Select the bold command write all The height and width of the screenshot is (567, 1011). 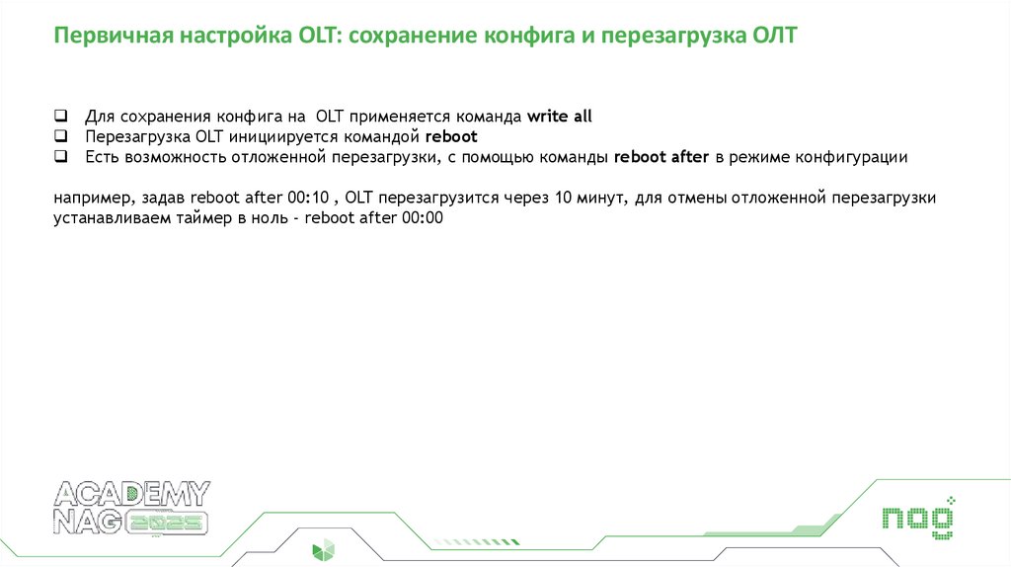[x=559, y=117]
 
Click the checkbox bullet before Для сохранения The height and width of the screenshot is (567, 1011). [x=61, y=116]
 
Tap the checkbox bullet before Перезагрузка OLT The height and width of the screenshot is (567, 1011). [x=61, y=136]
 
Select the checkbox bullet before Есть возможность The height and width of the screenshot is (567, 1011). [x=61, y=156]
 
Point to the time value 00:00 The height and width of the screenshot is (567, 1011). [x=423, y=218]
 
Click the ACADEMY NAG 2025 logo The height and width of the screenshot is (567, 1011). [x=130, y=510]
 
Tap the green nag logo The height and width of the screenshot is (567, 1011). [x=917, y=518]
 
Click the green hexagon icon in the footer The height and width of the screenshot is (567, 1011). [x=323, y=550]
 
